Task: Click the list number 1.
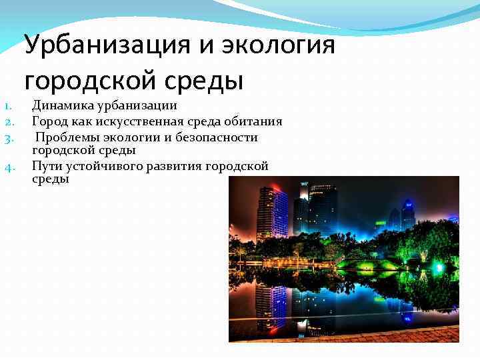[x=7, y=105]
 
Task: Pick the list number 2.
[x=9, y=122]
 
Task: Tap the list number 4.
[x=9, y=167]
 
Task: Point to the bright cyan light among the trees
[x=439, y=267]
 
